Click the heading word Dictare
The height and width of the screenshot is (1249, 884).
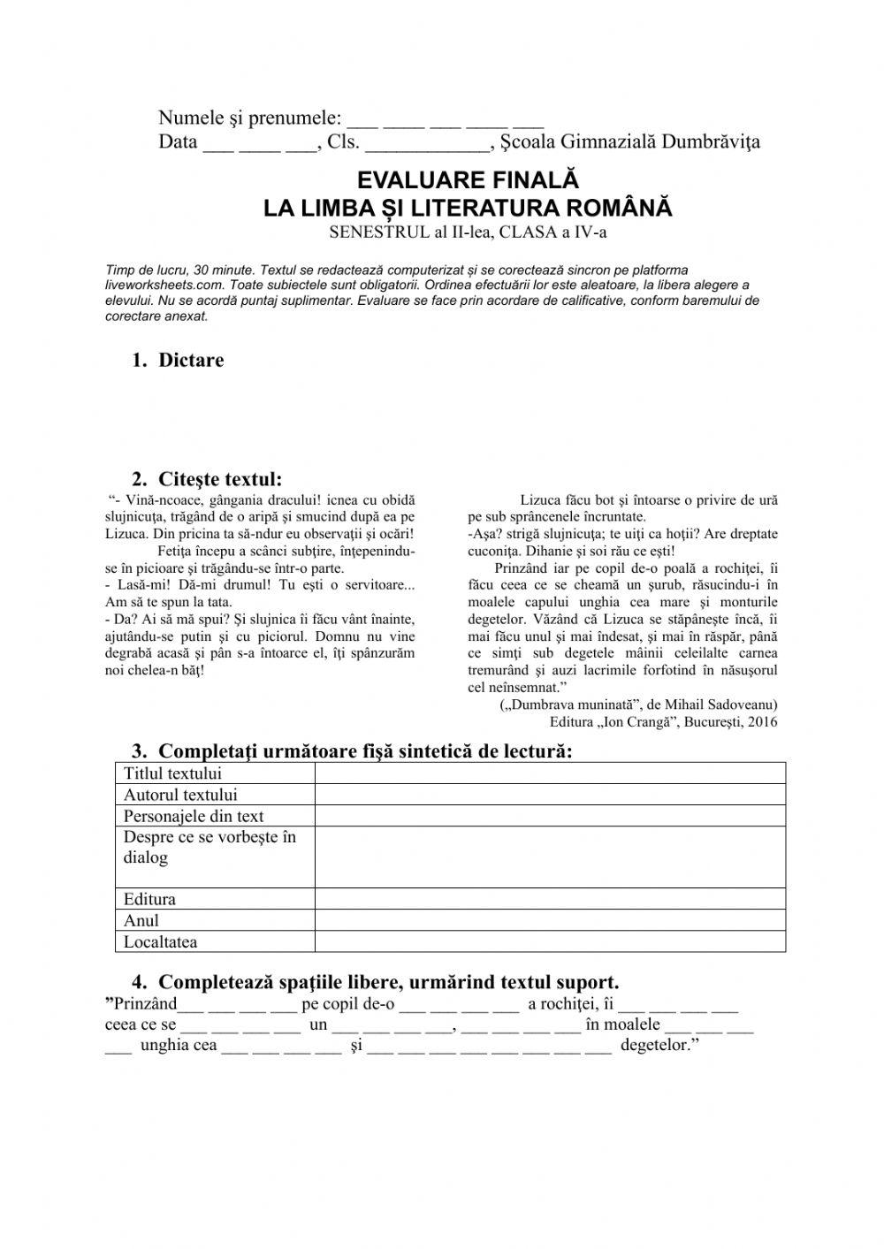[191, 360]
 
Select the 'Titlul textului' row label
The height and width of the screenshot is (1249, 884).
[172, 773]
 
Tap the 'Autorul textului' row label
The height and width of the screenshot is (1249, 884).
[180, 795]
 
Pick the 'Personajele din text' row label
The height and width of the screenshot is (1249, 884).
[194, 816]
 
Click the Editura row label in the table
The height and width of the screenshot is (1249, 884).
[149, 899]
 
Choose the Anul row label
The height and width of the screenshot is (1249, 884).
[141, 920]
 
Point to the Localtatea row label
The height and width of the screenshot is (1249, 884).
[160, 941]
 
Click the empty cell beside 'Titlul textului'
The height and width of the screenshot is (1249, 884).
[550, 773]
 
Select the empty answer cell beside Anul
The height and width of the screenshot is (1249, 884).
[550, 920]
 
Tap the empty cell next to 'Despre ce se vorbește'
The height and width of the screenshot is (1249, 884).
[550, 857]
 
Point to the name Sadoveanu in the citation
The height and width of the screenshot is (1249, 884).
[745, 704]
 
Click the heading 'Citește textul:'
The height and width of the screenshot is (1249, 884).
[220, 479]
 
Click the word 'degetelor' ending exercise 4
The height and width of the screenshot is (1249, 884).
[658, 1046]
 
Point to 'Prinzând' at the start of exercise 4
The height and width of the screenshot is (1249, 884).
[143, 1003]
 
